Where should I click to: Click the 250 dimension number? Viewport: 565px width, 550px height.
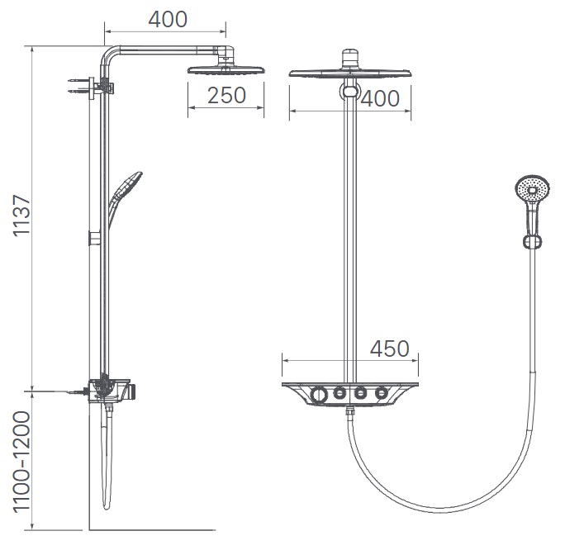(x=226, y=96)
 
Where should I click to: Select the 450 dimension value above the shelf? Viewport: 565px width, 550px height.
(x=390, y=348)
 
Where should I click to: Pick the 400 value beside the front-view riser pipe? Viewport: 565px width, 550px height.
(x=380, y=98)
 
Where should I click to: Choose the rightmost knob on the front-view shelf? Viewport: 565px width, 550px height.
(x=381, y=394)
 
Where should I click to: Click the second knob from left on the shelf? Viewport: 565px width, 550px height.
(x=339, y=394)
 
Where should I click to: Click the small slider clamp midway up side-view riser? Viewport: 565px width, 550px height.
(x=96, y=239)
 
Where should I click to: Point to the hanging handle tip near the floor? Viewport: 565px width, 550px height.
(x=105, y=500)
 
